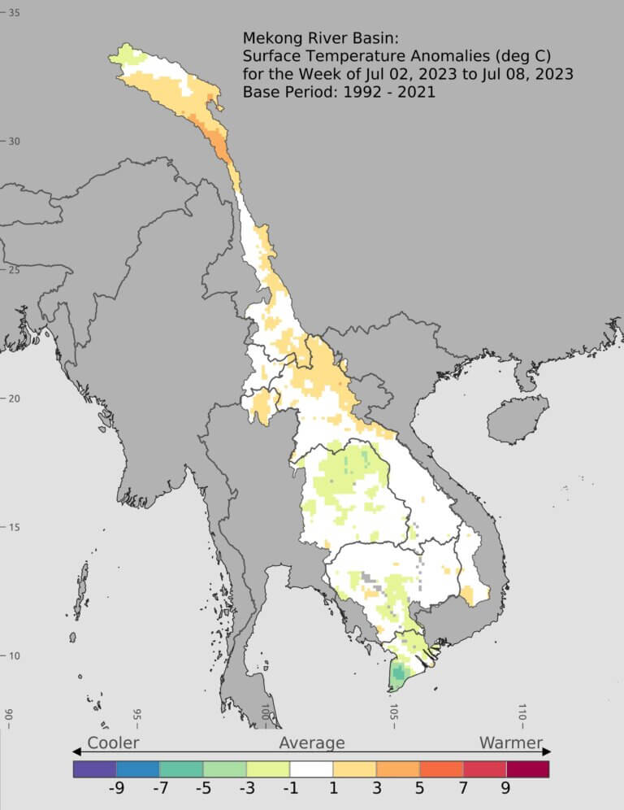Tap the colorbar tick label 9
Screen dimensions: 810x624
tap(505, 787)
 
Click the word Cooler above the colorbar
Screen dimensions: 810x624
tap(113, 742)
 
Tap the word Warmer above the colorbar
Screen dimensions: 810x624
tap(510, 742)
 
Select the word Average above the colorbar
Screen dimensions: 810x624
tap(312, 742)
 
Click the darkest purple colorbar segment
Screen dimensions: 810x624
tap(94, 768)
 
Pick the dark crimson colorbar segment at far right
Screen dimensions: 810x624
tap(528, 768)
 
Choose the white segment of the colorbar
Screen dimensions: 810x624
tap(311, 768)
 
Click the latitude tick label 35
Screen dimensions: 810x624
tap(15, 13)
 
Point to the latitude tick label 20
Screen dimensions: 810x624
tap(15, 398)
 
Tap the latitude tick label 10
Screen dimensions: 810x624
tap(15, 656)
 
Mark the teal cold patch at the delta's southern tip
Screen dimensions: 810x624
tap(399, 673)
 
